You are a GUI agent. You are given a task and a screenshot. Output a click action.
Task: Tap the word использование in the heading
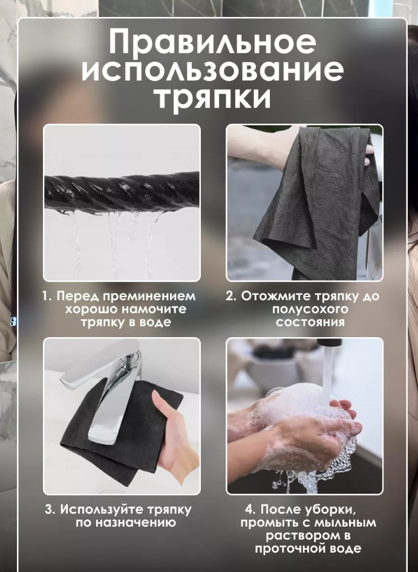212,71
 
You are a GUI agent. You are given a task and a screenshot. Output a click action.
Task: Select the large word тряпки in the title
214,99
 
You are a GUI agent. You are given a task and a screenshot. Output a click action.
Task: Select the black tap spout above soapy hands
329,343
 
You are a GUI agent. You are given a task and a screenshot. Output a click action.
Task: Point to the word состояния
310,323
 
